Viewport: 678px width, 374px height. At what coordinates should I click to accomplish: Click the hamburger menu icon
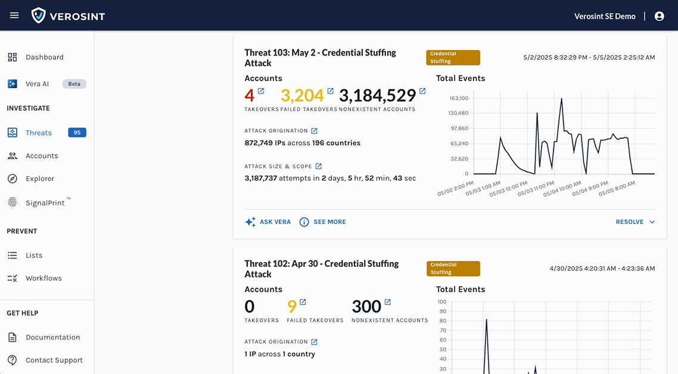(x=14, y=15)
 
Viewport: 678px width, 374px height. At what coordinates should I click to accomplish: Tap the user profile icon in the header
(x=659, y=16)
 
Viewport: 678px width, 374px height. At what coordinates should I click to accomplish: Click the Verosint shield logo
(x=39, y=15)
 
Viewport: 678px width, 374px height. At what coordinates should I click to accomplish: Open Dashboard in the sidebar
(x=44, y=57)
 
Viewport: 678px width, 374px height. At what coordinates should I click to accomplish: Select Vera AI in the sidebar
(x=37, y=84)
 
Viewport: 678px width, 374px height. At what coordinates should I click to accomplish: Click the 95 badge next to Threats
(x=77, y=133)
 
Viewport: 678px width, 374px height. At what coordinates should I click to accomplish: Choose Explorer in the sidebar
(x=39, y=179)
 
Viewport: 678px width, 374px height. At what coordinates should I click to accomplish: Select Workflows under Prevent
(x=43, y=278)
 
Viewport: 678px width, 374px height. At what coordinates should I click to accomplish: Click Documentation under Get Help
(x=52, y=337)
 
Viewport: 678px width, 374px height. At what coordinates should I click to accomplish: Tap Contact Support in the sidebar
(x=54, y=360)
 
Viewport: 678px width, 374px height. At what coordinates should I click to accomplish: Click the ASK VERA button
(x=268, y=222)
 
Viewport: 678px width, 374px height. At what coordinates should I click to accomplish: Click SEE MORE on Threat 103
(x=322, y=222)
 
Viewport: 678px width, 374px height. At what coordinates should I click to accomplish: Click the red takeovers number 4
(x=250, y=95)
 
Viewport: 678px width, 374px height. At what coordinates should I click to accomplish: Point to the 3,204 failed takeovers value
(x=302, y=95)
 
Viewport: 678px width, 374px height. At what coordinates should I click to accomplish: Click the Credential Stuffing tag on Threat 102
(x=453, y=269)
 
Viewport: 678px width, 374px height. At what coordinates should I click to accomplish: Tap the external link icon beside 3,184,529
(x=422, y=91)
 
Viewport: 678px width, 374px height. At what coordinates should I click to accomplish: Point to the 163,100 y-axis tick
(x=458, y=98)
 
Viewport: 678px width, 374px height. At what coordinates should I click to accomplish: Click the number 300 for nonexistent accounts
(x=366, y=307)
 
